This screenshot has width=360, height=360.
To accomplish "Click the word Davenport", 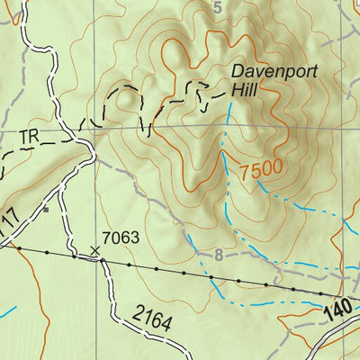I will point(271,71).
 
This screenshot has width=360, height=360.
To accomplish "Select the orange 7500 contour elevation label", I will point(262,168).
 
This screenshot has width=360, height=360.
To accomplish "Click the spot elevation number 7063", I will point(121,238).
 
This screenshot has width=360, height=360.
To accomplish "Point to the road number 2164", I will point(152,317).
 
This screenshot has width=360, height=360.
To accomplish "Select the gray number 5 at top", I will point(217,8).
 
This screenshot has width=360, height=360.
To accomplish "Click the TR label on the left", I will point(30,137).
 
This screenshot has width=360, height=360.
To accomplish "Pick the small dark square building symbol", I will point(46,210).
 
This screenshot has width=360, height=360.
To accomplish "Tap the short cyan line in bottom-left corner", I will point(7,312).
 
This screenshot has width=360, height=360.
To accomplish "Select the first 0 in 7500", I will point(267,168).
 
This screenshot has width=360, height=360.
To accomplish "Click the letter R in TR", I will point(35,137).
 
